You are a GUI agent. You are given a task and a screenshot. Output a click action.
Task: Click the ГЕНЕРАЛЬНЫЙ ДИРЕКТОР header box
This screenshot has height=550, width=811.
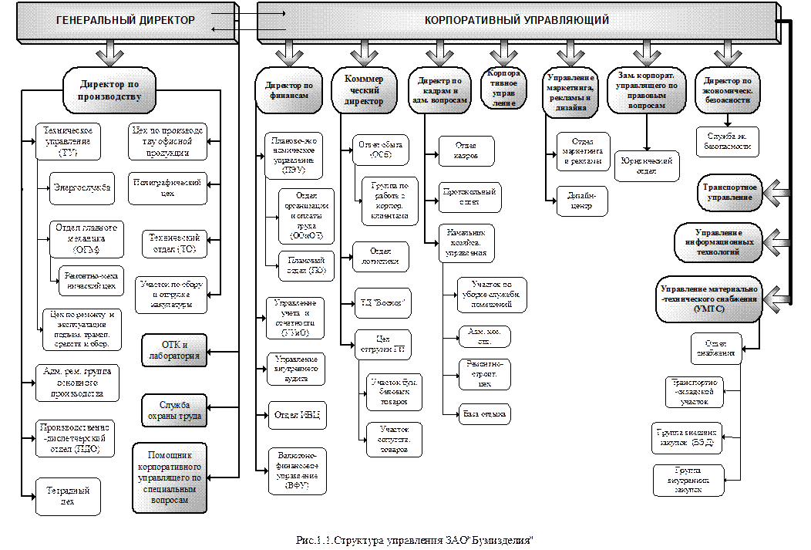tap(126, 21)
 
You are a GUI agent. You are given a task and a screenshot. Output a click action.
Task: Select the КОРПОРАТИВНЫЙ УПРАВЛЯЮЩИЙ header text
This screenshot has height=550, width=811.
tap(517, 21)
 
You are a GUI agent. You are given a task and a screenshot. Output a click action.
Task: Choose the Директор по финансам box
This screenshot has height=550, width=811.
tap(288, 91)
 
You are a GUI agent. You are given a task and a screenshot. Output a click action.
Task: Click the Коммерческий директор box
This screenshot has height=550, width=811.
tap(364, 90)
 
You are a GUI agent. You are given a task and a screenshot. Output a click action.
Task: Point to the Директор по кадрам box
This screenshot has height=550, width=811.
tap(439, 90)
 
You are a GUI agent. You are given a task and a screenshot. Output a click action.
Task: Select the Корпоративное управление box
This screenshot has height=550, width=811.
tap(503, 89)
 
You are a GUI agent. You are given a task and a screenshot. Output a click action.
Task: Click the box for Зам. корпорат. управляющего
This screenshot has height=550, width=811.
tap(646, 90)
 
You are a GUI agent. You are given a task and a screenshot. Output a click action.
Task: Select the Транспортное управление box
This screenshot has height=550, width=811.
tap(729, 193)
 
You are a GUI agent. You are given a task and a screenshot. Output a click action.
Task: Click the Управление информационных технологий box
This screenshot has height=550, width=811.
tap(718, 242)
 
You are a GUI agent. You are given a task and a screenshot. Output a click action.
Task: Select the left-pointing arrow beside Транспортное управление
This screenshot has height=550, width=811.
tap(779, 193)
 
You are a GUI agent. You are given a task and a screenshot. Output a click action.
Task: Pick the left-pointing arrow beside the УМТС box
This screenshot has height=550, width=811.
tap(779, 298)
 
